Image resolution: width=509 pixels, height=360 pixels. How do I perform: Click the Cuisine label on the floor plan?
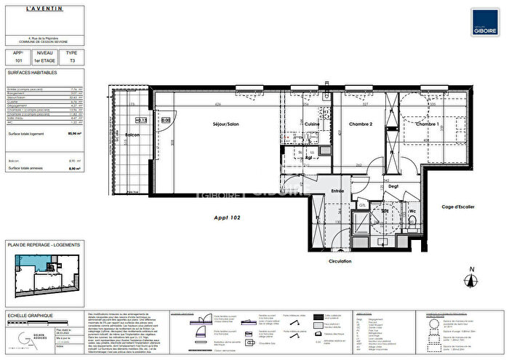tap(312, 124)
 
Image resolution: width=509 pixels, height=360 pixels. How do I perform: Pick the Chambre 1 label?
tap(427, 124)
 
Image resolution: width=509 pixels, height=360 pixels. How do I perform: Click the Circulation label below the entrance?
tap(340, 261)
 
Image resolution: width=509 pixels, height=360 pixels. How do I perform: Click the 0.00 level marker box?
tap(165, 120)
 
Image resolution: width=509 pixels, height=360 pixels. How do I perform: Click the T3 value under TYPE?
tap(71, 63)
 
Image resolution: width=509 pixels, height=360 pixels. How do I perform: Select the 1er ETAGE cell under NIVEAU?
tap(44, 63)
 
